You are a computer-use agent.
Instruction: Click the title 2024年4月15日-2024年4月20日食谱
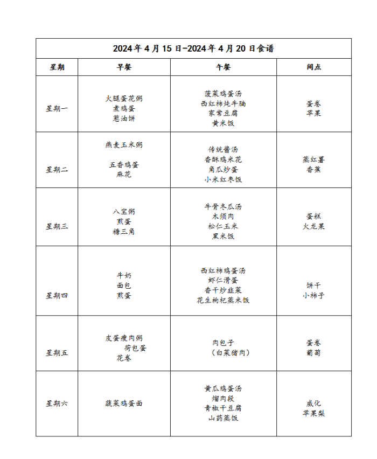click(193, 48)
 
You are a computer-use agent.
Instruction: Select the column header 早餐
click(124, 67)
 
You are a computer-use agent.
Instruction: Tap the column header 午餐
click(223, 67)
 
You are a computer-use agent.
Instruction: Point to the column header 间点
click(314, 67)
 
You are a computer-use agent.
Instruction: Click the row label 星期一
click(57, 109)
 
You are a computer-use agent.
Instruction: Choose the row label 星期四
click(57, 295)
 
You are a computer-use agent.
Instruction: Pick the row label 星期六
click(57, 404)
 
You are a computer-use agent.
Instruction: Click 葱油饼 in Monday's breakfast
click(124, 119)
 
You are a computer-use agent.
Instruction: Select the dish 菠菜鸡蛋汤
click(223, 93)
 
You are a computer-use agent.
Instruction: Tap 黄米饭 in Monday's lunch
click(223, 123)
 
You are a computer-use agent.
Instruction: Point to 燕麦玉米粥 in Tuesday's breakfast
click(124, 145)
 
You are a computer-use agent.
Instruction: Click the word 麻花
click(124, 175)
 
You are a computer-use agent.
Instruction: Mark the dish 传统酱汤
click(223, 150)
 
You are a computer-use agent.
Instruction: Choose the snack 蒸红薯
click(314, 159)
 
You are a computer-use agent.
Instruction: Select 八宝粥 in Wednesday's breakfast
click(124, 211)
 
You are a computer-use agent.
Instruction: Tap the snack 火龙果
click(314, 226)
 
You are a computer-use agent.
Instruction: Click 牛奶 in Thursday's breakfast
click(124, 275)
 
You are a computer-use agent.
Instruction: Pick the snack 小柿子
click(314, 295)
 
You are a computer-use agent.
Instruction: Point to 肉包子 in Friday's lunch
click(223, 343)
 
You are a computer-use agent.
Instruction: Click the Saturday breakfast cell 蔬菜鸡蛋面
click(124, 404)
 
